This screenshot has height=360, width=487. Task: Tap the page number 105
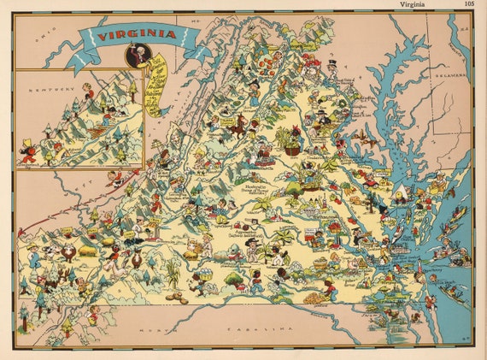click(469, 4)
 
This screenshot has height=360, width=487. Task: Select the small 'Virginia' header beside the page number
click(419, 4)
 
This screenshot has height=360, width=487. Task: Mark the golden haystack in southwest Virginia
click(87, 251)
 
